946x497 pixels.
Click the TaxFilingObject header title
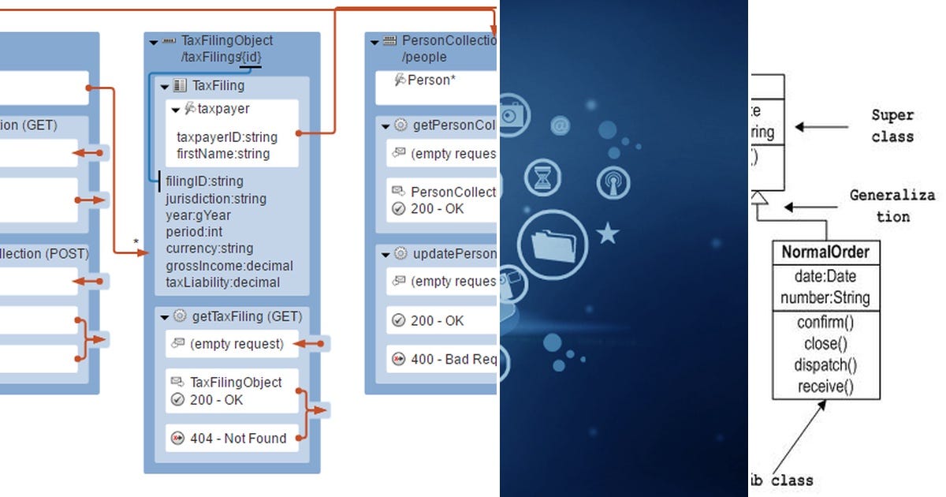click(227, 40)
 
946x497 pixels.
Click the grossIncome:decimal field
click(229, 266)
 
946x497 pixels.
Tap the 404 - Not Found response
click(238, 438)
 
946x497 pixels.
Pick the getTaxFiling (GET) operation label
click(247, 316)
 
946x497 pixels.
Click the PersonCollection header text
click(448, 40)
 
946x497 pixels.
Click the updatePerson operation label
click(454, 254)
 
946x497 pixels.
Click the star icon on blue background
click(608, 234)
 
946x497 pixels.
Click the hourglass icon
click(542, 177)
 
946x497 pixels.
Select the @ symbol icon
click(561, 125)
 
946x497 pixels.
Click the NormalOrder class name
click(825, 252)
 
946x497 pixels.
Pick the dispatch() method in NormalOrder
click(825, 364)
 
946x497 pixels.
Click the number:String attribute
click(825, 298)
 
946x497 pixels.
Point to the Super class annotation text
click(892, 125)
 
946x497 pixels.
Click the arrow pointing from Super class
click(820, 126)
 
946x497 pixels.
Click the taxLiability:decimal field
click(223, 282)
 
